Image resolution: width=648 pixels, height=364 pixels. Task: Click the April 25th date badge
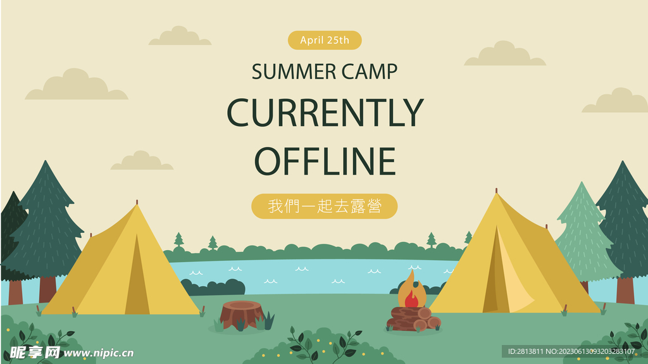pyautogui.click(x=325, y=40)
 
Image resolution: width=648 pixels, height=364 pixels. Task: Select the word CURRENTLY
pyautogui.click(x=325, y=113)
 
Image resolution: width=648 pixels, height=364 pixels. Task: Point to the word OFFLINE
pyautogui.click(x=325, y=161)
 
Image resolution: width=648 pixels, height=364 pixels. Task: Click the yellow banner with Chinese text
pyautogui.click(x=325, y=206)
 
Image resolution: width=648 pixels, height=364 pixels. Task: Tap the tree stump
pyautogui.click(x=242, y=315)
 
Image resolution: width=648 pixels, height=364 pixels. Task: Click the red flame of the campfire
pyautogui.click(x=411, y=299)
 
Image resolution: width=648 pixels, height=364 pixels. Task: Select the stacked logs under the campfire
pyautogui.click(x=414, y=319)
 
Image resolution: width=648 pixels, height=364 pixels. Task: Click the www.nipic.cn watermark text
pyautogui.click(x=99, y=353)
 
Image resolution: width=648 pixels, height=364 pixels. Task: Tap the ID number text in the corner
pyautogui.click(x=571, y=351)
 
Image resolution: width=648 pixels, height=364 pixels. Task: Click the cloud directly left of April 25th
pyautogui.click(x=180, y=36)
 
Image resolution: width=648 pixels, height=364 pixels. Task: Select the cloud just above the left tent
pyautogui.click(x=141, y=161)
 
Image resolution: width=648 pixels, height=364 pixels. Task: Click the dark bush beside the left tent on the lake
pyautogui.click(x=213, y=287)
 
